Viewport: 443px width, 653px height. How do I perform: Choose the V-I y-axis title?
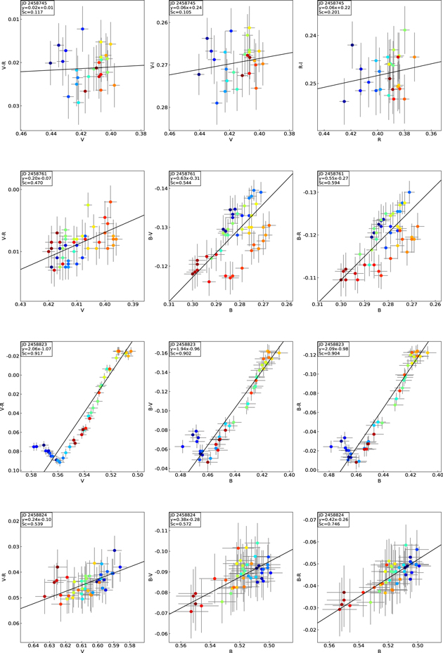(x=153, y=65)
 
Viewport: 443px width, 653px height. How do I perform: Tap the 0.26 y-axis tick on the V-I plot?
(x=158, y=22)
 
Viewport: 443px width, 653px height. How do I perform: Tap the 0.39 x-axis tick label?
(x=134, y=304)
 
